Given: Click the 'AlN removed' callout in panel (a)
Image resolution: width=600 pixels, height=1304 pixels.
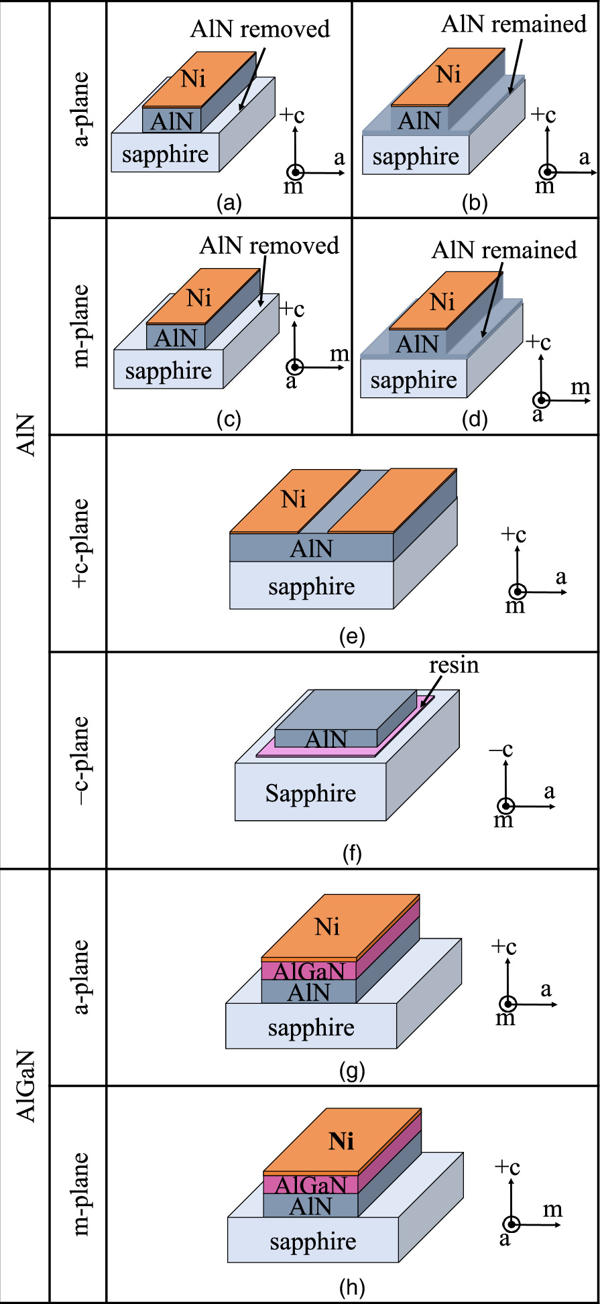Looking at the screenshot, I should [x=260, y=29].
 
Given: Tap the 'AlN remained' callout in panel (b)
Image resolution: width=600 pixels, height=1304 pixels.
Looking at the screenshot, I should [x=514, y=24].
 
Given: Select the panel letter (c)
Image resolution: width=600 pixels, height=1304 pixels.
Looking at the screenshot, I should [x=229, y=419].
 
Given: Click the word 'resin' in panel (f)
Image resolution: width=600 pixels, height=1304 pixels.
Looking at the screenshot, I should [x=454, y=665].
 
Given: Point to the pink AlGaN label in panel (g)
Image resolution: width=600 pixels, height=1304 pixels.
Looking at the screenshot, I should [x=309, y=971].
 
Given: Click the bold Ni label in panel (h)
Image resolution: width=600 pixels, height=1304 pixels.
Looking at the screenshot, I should [x=341, y=1140].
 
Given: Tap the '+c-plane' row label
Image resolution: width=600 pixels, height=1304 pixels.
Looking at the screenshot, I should [x=80, y=543].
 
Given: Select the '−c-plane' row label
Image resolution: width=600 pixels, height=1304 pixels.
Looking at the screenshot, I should [x=80, y=761].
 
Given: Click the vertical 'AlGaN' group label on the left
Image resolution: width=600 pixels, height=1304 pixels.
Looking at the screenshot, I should [x=25, y=1086].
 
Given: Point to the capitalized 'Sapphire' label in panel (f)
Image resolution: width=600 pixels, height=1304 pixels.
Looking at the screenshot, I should [x=310, y=793].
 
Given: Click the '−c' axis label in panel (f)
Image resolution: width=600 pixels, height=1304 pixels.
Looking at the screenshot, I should [x=501, y=749].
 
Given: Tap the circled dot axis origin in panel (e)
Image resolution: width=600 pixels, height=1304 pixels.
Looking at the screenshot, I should [x=518, y=592].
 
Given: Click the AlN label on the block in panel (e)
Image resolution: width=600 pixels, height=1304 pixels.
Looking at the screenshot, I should [x=311, y=549].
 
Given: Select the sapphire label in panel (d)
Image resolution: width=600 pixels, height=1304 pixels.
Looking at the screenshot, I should [x=414, y=381].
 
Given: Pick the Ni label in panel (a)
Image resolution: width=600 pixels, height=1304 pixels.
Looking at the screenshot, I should [x=193, y=79].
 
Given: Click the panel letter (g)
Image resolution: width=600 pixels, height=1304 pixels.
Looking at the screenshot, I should [x=352, y=1071].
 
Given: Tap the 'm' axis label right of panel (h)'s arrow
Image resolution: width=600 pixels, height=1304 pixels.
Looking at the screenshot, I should [x=552, y=1210].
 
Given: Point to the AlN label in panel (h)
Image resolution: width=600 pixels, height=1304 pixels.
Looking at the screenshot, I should [x=310, y=1207].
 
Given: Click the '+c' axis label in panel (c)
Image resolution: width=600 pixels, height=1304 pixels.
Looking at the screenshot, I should [x=292, y=309].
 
